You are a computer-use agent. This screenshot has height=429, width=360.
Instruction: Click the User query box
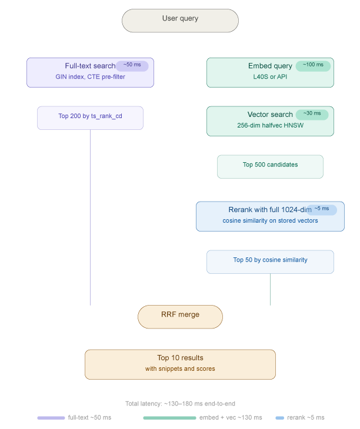[180, 21]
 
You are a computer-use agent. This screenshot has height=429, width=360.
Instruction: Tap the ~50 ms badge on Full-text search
[132, 66]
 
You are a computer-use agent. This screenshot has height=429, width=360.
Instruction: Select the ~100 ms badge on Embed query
[313, 66]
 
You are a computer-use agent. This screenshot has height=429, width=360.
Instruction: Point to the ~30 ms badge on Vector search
[312, 115]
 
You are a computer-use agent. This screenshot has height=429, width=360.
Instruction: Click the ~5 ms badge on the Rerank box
[322, 210]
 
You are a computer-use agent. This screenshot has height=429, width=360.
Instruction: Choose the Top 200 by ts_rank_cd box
[90, 118]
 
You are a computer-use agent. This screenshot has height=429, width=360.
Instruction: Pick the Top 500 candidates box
[270, 167]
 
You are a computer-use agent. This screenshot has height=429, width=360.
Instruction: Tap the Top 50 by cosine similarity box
[270, 262]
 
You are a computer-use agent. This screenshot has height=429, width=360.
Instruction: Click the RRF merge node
[180, 317]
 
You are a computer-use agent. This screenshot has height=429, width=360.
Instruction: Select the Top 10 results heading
[180, 358]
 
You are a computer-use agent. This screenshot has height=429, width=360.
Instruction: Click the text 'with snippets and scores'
[180, 369]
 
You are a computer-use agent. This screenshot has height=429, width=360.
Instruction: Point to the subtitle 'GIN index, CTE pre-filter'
[91, 77]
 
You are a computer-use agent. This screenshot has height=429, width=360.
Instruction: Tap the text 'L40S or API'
[270, 77]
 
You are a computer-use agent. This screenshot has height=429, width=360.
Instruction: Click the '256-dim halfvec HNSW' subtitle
[270, 126]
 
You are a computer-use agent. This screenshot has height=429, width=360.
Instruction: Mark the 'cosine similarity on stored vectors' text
[270, 221]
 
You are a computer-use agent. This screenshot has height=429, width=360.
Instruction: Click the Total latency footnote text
[180, 404]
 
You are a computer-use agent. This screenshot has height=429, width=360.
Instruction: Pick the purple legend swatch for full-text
[51, 418]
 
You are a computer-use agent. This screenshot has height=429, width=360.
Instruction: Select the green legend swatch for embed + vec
[170, 418]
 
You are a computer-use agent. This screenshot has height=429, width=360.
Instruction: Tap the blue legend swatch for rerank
[280, 418]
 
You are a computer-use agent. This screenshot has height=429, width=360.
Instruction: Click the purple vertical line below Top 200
[90, 217]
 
